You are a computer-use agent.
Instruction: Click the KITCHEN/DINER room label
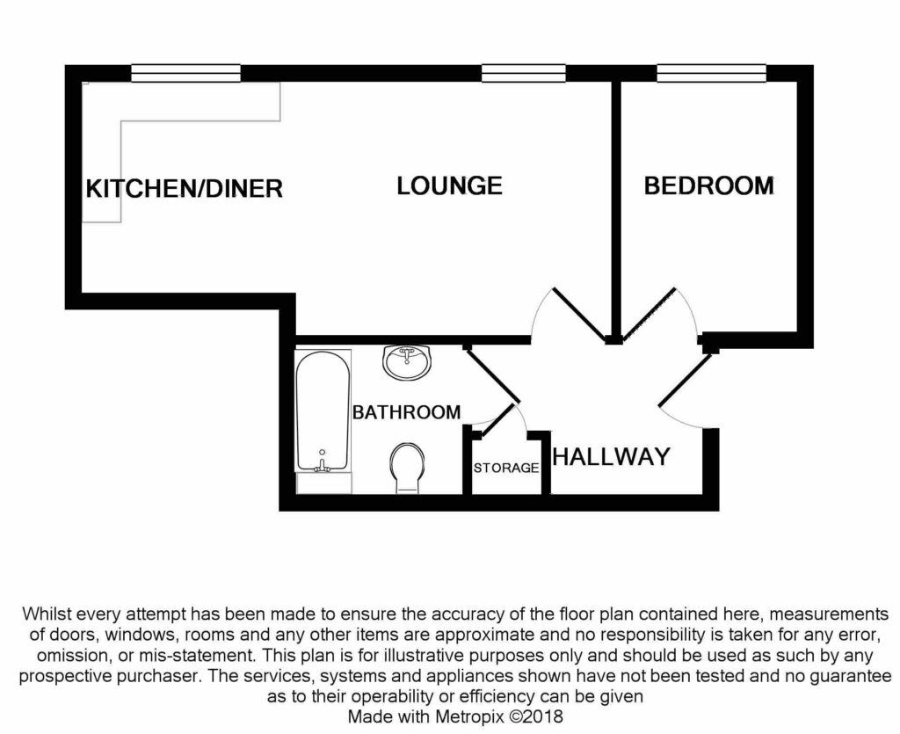click(185, 188)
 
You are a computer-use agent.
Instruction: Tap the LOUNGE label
click(449, 186)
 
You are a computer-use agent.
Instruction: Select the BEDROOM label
click(708, 186)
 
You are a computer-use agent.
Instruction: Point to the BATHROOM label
click(406, 412)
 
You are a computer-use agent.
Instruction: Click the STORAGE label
click(506, 468)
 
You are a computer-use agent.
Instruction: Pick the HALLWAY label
click(612, 457)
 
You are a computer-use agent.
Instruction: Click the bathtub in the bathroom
click(322, 409)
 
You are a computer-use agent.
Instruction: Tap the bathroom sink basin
click(407, 361)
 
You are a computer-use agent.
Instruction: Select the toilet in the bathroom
click(406, 466)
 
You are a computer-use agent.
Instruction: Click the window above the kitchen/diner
click(185, 74)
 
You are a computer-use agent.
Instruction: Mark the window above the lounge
click(523, 74)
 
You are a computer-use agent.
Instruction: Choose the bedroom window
click(711, 74)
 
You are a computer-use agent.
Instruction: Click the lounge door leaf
click(579, 314)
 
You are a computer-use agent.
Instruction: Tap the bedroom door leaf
click(649, 314)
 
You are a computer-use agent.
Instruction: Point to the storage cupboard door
click(496, 420)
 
